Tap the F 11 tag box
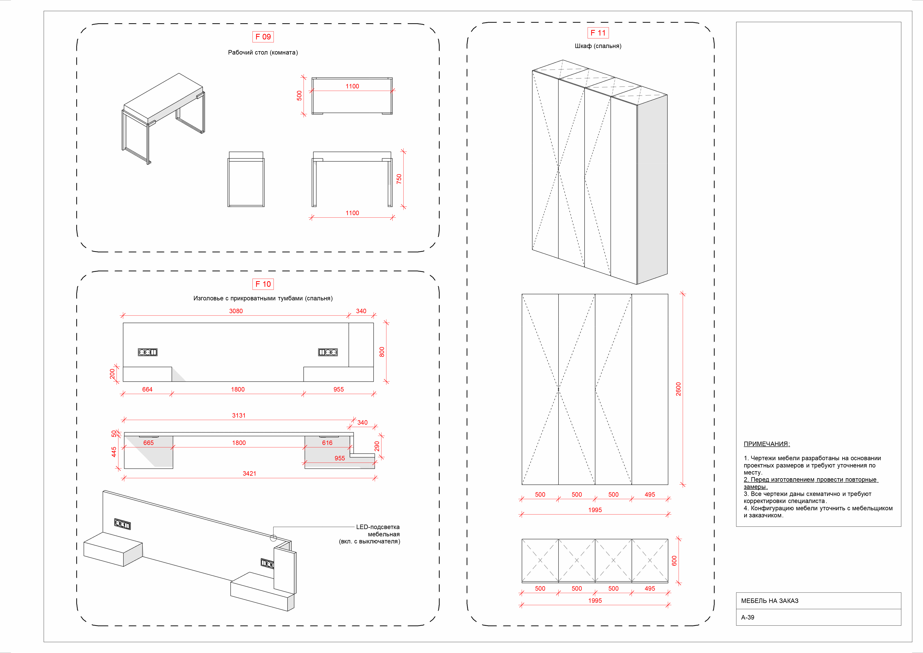[x=598, y=33]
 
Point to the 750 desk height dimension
[x=399, y=179]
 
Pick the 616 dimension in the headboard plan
[x=327, y=443]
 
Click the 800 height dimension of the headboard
[x=382, y=352]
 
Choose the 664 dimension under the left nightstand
[x=147, y=389]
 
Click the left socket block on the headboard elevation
[x=148, y=352]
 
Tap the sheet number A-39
[x=748, y=617]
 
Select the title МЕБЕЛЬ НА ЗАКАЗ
[x=770, y=601]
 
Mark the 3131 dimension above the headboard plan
[x=239, y=415]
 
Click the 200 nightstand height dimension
[x=112, y=374]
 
